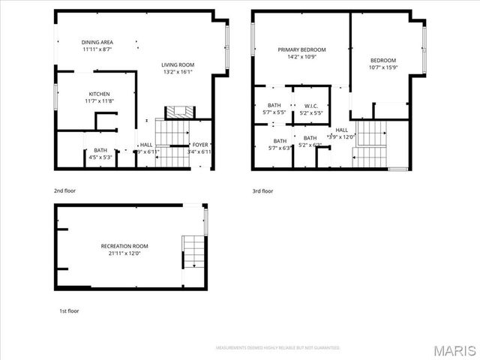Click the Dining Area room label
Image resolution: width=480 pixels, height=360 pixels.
point(97,42)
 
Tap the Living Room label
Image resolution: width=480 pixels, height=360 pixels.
point(178,65)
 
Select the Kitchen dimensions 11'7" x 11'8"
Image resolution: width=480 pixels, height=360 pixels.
point(98,101)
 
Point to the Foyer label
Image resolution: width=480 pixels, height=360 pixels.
point(200,145)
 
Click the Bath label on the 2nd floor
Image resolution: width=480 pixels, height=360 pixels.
point(100,151)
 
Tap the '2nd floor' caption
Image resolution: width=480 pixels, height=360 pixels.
point(64,191)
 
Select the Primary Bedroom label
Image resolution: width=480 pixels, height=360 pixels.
point(298,49)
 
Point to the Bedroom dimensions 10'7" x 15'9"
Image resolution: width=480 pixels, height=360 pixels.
point(382,67)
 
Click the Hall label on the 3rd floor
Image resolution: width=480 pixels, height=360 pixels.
point(341,130)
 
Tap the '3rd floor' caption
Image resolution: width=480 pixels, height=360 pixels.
point(262,191)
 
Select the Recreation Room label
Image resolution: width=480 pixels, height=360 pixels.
point(124,246)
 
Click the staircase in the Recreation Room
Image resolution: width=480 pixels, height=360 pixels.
point(192,251)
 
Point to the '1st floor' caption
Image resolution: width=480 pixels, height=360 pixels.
point(69,310)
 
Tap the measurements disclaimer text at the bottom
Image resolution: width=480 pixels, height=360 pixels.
point(277,348)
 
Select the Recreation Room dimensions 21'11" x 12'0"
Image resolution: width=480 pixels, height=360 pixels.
point(124,253)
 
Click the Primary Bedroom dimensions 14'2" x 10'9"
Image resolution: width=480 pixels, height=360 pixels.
point(298,57)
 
